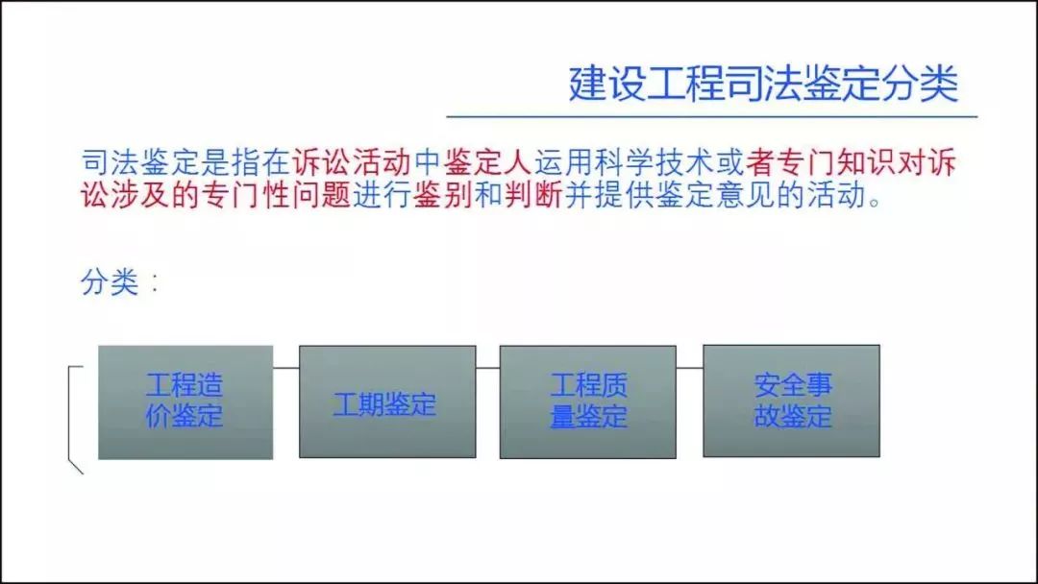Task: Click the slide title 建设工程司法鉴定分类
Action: click(x=763, y=84)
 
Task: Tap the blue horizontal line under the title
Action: click(x=711, y=116)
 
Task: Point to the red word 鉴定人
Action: click(x=488, y=162)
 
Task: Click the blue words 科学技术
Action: click(x=655, y=162)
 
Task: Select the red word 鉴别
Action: click(x=442, y=194)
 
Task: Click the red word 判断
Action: click(x=532, y=194)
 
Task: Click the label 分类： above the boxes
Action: click(x=120, y=282)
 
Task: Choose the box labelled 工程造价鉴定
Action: click(x=185, y=402)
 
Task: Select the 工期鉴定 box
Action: click(x=387, y=401)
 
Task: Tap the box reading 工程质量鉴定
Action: click(x=588, y=401)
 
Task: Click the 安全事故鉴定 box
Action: click(x=791, y=401)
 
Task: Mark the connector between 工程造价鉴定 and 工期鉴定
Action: click(x=286, y=368)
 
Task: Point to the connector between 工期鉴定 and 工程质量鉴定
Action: click(x=488, y=368)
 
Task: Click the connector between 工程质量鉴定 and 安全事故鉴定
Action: click(x=690, y=368)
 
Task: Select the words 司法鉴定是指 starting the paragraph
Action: click(x=171, y=162)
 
